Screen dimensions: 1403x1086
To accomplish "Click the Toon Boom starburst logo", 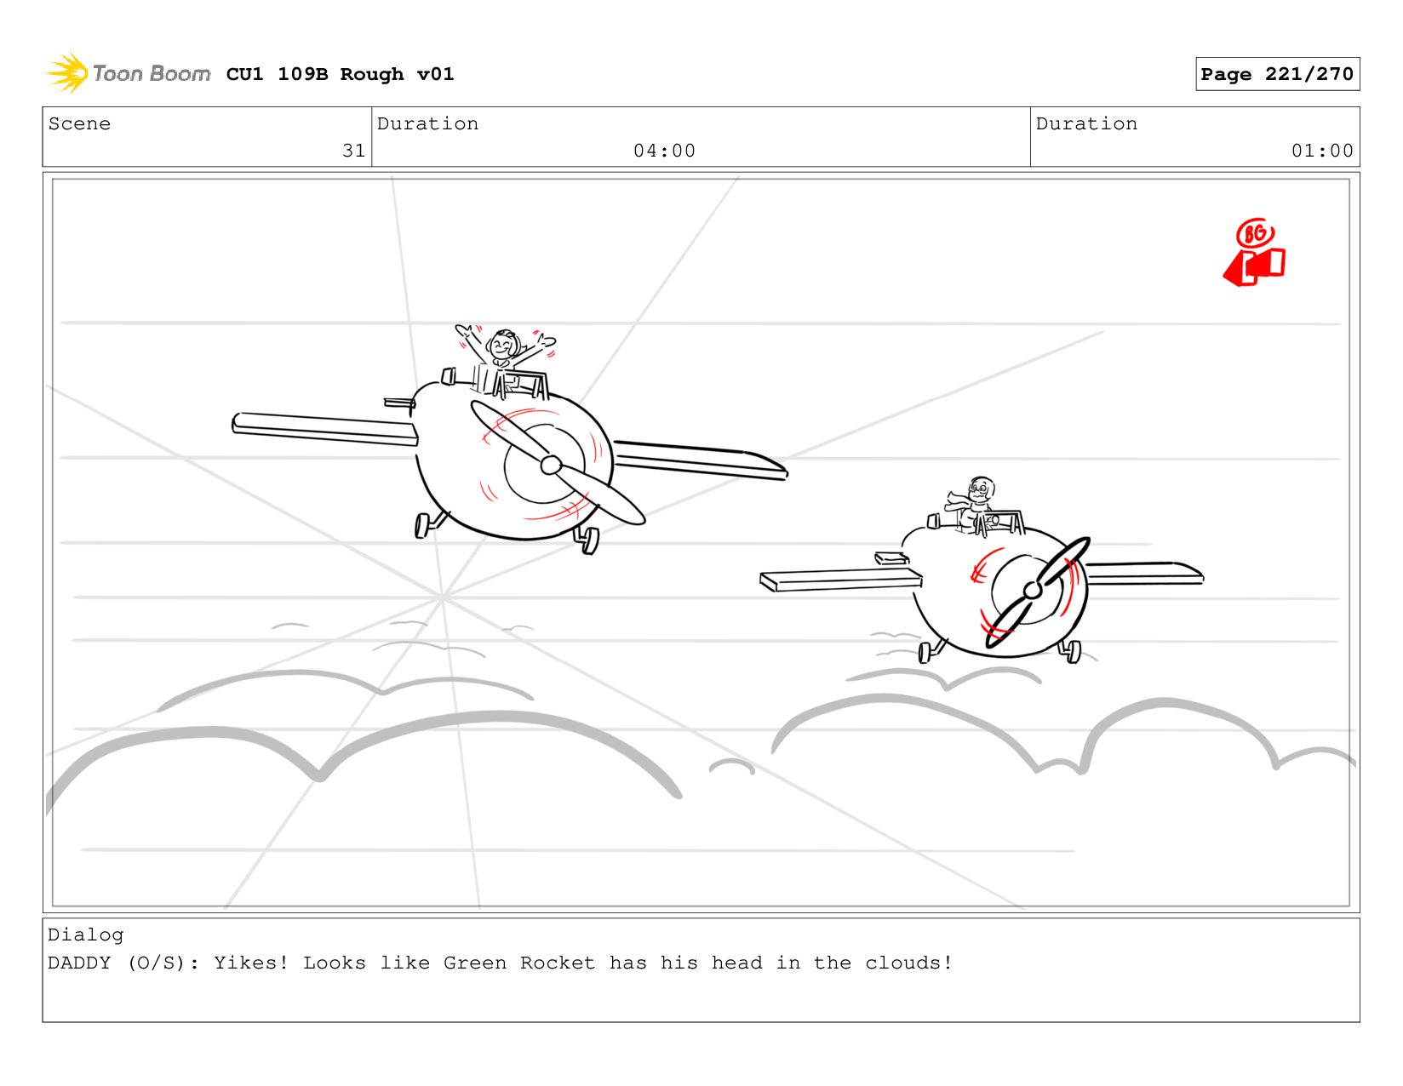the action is pyautogui.click(x=67, y=73).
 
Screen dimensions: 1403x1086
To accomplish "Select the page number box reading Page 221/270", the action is pyautogui.click(x=1276, y=73).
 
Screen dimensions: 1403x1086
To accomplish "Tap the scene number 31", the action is pyautogui.click(x=353, y=151).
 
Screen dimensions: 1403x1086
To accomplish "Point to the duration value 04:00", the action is pyautogui.click(x=664, y=151).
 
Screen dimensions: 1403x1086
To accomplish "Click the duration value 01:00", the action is pyautogui.click(x=1321, y=151).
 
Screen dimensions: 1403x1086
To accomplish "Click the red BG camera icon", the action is pyautogui.click(x=1254, y=252).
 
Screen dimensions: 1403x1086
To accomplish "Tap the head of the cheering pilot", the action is pyautogui.click(x=503, y=345).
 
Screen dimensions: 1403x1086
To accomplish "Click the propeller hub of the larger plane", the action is pyautogui.click(x=550, y=464).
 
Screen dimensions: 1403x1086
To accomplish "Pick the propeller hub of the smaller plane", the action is pyautogui.click(x=1033, y=590).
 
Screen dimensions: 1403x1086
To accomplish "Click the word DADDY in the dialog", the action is pyautogui.click(x=79, y=962).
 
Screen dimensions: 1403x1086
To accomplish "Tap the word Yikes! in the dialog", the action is pyautogui.click(x=250, y=962).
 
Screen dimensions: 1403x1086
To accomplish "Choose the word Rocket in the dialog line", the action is pyautogui.click(x=557, y=962).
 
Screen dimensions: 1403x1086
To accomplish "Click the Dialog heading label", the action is pyautogui.click(x=85, y=935).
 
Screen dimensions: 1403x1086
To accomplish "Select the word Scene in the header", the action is pyautogui.click(x=79, y=123).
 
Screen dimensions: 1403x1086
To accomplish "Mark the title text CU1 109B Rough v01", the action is pyautogui.click(x=340, y=73).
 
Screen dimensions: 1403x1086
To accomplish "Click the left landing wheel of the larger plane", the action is pyautogui.click(x=422, y=525).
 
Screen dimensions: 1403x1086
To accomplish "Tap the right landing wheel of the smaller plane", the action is pyautogui.click(x=1073, y=651).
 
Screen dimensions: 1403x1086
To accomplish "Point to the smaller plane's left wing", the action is pyautogui.click(x=840, y=579).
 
